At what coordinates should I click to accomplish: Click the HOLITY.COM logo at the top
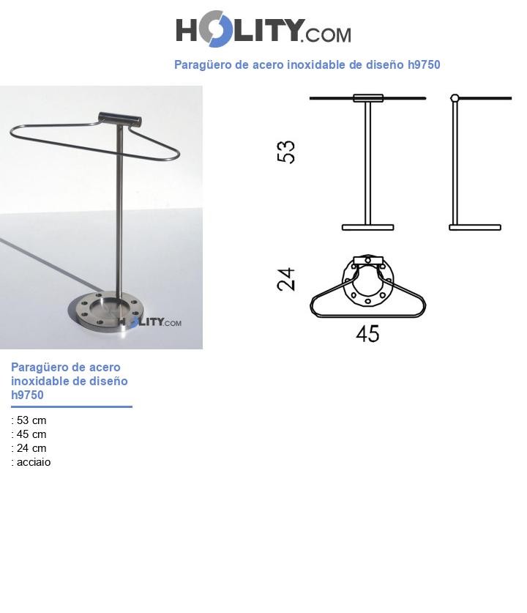[263, 30]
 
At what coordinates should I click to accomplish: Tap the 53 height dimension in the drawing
[286, 152]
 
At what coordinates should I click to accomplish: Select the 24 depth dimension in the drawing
[286, 279]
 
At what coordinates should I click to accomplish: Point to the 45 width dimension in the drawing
[367, 334]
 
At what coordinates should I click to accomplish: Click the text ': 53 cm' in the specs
[29, 420]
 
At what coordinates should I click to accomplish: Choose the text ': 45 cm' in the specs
[29, 434]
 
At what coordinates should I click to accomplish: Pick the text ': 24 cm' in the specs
[29, 448]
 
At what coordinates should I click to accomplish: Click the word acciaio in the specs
[34, 462]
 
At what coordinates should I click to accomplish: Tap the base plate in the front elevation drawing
[367, 228]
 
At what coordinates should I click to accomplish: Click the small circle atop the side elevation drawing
[455, 98]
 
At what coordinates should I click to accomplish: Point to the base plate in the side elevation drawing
[475, 228]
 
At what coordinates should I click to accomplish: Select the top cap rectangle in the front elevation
[367, 98]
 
